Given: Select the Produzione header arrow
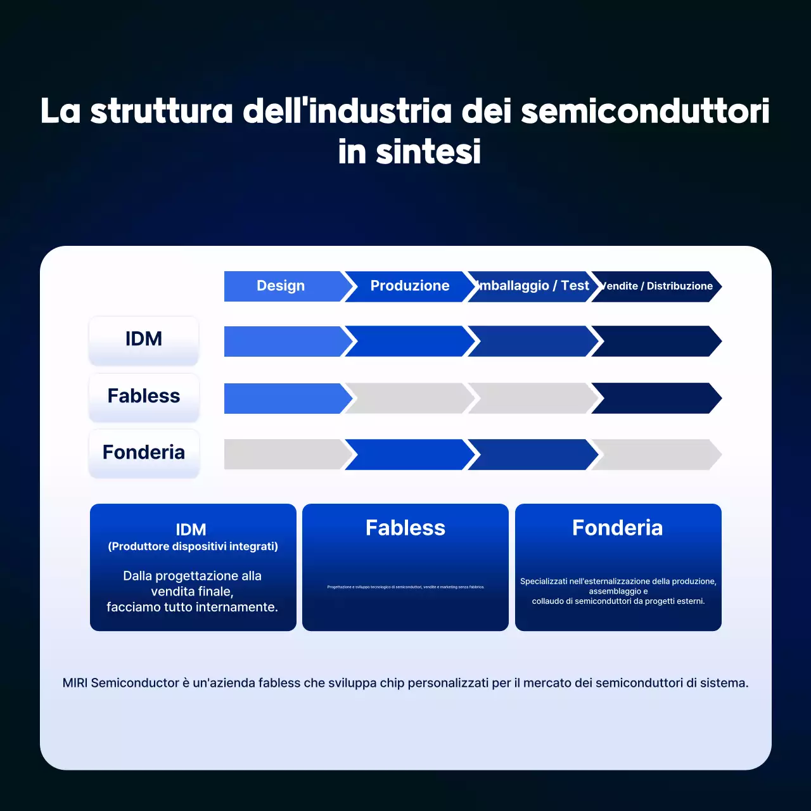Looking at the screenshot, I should click(409, 286).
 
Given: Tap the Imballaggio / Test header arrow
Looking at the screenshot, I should click(533, 286).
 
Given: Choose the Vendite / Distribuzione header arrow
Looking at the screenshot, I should click(656, 286).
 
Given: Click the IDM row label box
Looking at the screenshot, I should click(144, 340).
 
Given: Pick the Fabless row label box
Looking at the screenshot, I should click(144, 397).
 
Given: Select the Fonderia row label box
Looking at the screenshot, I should click(144, 453).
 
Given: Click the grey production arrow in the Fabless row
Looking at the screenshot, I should click(409, 399).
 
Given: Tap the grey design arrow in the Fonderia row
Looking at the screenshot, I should click(283, 454).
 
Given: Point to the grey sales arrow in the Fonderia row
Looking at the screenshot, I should click(656, 454).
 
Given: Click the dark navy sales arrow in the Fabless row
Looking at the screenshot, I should click(656, 399).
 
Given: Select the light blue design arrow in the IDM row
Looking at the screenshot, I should click(283, 342).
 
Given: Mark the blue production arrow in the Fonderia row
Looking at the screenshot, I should click(409, 454).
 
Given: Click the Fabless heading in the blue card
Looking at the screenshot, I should click(405, 528).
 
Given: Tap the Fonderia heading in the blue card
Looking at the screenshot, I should click(618, 528).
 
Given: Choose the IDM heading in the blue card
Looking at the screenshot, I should click(191, 530).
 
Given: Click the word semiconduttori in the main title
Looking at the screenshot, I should click(645, 112).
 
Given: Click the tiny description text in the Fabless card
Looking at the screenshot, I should click(405, 587).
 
